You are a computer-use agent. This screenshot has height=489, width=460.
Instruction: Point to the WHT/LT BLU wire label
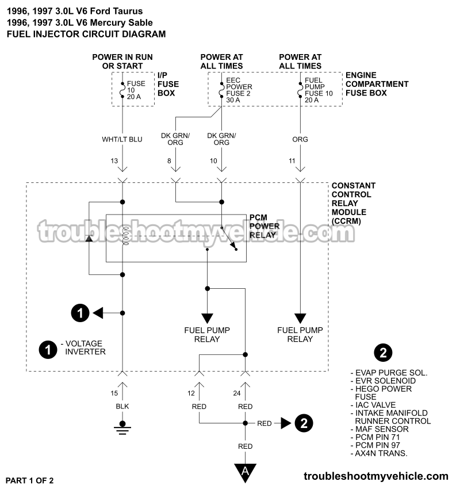(x=122, y=139)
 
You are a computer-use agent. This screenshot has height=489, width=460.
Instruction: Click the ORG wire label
(x=300, y=139)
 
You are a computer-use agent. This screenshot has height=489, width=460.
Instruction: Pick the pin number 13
(x=122, y=162)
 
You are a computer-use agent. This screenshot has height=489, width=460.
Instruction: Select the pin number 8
(x=170, y=162)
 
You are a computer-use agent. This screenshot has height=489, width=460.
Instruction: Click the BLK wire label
(x=122, y=406)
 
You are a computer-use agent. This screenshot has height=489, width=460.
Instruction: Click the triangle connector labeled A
(x=246, y=471)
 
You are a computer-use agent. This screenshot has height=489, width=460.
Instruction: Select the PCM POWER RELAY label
(x=264, y=226)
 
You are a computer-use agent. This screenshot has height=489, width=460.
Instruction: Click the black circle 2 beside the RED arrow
(x=304, y=423)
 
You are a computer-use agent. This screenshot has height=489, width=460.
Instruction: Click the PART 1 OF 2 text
(x=32, y=479)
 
